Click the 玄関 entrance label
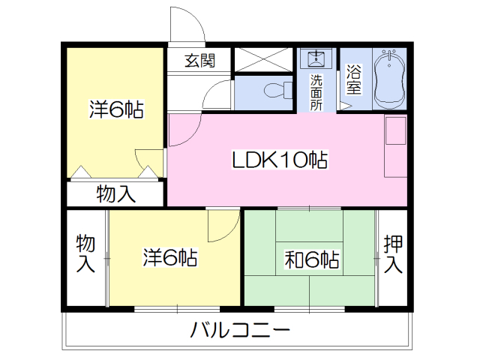click(x=200, y=61)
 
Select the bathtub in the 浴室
click(x=390, y=79)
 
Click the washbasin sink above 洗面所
click(x=316, y=58)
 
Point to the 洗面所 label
click(x=316, y=92)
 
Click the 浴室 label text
click(x=353, y=79)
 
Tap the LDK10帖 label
click(x=280, y=160)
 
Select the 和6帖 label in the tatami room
click(x=312, y=259)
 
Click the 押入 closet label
click(x=393, y=253)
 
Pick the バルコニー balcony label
click(x=240, y=330)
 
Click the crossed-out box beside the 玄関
click(x=263, y=59)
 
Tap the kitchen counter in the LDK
click(x=395, y=145)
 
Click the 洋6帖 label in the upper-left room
click(x=116, y=109)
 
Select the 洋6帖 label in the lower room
click(x=170, y=257)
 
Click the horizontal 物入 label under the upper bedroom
click(x=115, y=193)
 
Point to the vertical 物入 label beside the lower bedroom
click(x=85, y=253)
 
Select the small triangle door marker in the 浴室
click(x=344, y=106)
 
